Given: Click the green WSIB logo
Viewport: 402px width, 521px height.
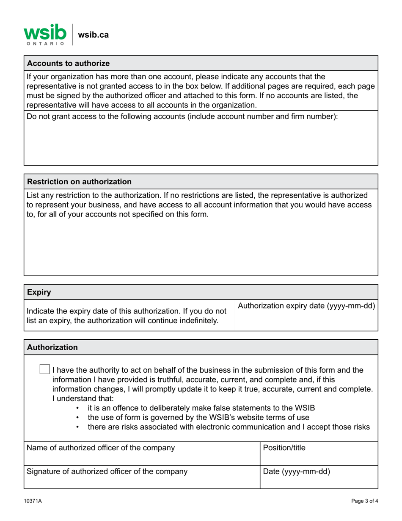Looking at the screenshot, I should click(x=45, y=32).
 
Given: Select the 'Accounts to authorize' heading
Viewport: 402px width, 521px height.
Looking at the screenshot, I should click(x=68, y=64).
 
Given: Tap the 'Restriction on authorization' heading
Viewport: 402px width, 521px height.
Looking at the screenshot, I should click(x=79, y=182).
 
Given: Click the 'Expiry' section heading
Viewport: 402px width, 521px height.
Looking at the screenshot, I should click(x=39, y=292).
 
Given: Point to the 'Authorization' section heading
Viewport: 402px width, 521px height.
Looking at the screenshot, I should click(x=52, y=347).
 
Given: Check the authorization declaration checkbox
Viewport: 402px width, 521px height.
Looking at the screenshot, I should click(x=44, y=369).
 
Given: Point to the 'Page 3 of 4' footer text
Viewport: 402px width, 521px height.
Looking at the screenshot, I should click(x=364, y=501).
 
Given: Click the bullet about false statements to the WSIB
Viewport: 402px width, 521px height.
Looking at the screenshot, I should click(x=201, y=408).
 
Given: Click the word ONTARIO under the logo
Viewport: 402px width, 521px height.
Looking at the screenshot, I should click(x=45, y=43).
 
